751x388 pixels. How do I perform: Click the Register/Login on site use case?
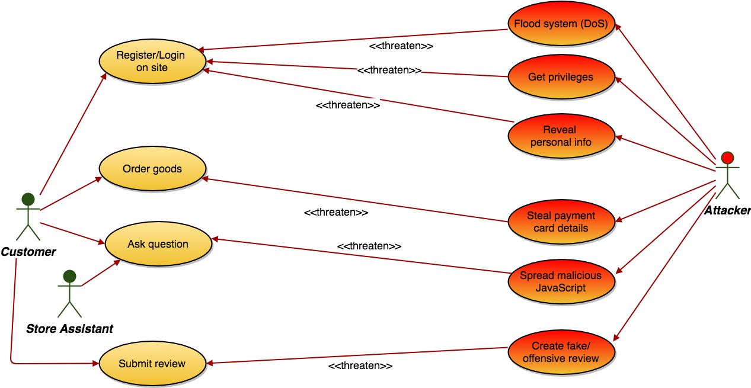coord(152,62)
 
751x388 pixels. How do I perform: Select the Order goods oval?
coord(152,169)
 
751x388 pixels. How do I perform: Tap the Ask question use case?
coord(158,244)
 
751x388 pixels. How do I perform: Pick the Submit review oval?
coord(152,364)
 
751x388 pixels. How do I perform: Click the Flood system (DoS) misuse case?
coord(561,24)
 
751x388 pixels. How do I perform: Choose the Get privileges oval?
coord(561,77)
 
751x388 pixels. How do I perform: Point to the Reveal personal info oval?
coord(561,136)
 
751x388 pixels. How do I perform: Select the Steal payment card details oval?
coord(561,222)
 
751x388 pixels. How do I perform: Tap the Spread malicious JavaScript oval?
coord(561,282)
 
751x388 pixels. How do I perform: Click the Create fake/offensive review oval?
coord(561,352)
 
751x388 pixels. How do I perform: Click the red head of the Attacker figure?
coord(727,158)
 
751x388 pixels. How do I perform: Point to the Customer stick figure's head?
coord(28,198)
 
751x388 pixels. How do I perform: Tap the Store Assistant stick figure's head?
coord(69,276)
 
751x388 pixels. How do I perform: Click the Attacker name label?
coord(727,210)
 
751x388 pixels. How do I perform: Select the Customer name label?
coord(28,252)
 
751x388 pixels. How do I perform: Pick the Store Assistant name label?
coord(69,329)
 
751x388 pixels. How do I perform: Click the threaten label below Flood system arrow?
coord(401,46)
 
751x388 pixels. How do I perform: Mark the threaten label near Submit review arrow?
coord(360,366)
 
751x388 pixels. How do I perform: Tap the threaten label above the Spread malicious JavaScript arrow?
coord(369,246)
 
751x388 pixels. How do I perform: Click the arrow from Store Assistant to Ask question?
coord(101,274)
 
